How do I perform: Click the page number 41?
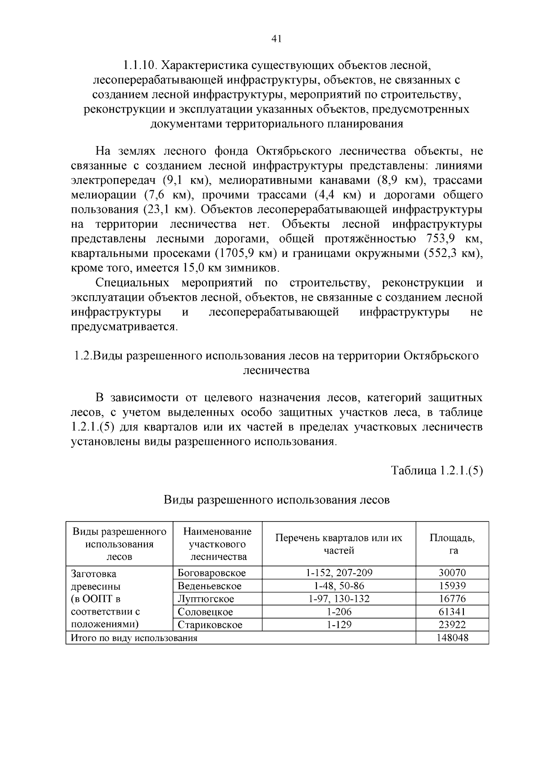[x=276, y=39]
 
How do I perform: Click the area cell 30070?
[x=452, y=573]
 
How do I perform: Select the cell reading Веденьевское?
[x=210, y=586]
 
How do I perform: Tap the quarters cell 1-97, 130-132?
[x=339, y=599]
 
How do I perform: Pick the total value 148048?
[x=452, y=638]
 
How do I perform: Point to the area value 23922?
[x=452, y=625]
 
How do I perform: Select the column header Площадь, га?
[x=452, y=544]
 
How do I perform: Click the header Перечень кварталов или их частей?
[x=339, y=544]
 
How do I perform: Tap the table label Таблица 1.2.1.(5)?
[x=437, y=471]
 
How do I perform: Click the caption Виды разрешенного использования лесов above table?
[x=276, y=500]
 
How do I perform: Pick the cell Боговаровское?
[x=211, y=573]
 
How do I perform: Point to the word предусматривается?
[x=124, y=326]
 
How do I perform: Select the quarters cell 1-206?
[x=339, y=612]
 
